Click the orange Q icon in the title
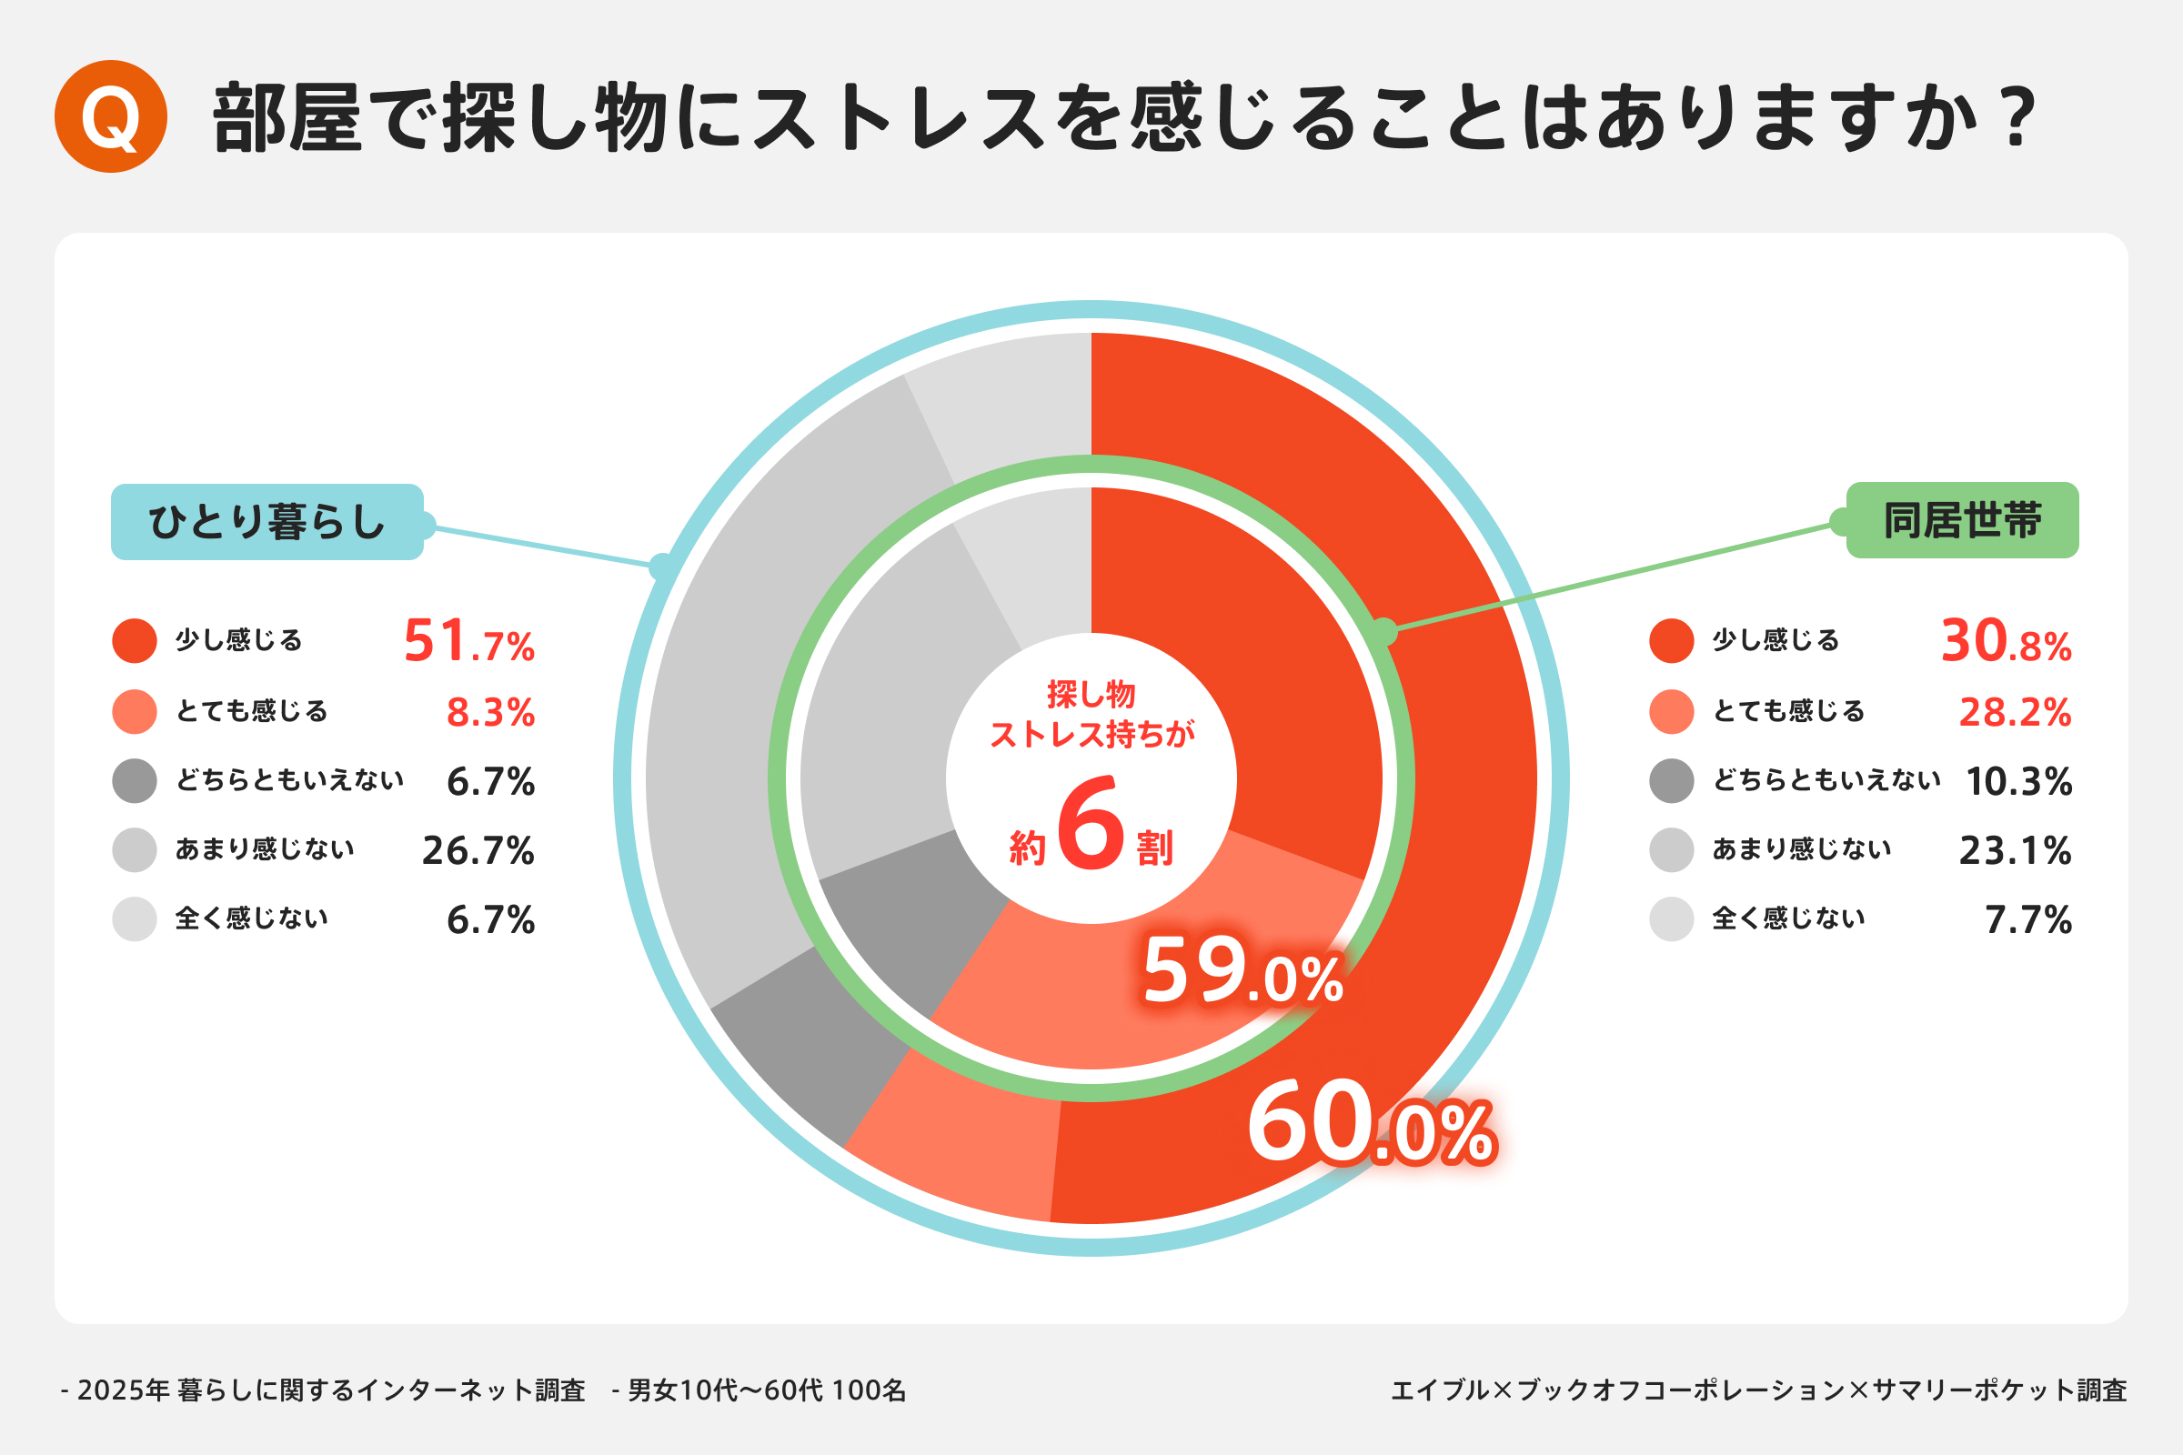(110, 116)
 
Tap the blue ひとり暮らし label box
(267, 521)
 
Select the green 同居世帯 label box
(1962, 519)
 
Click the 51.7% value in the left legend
(468, 641)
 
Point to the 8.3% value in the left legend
(490, 712)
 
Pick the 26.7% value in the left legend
(478, 850)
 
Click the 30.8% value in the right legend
(2006, 641)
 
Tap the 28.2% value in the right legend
(2015, 712)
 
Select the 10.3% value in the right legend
(2018, 781)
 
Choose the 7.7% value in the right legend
(2028, 919)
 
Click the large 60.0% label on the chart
(1371, 1123)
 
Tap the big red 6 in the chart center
(1091, 823)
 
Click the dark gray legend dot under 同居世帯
(1672, 780)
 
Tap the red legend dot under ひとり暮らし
(135, 641)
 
